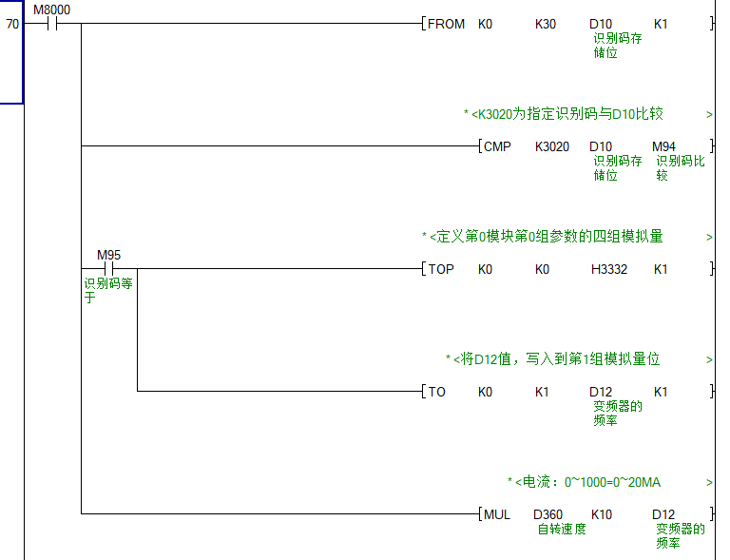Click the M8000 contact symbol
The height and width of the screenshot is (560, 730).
point(51,24)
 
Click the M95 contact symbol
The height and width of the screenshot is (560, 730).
point(108,268)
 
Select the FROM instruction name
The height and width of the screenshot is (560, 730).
point(446,24)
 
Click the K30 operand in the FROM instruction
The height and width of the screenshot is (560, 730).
point(546,24)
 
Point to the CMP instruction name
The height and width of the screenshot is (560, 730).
point(497,146)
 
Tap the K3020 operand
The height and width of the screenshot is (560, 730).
point(552,146)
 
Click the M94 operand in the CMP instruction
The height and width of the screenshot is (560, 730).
point(663,146)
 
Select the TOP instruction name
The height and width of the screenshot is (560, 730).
point(441,269)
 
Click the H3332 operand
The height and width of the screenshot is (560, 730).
point(609,269)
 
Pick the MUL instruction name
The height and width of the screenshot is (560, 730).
point(497,514)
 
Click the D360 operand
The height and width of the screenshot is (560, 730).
point(547,514)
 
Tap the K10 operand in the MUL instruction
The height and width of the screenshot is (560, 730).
point(602,514)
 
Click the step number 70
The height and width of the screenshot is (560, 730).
point(11,24)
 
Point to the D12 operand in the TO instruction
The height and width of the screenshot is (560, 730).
point(601,392)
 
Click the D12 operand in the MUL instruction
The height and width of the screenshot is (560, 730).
point(663,514)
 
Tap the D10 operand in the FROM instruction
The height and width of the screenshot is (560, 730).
point(601,24)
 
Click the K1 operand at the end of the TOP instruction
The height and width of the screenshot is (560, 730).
point(661,269)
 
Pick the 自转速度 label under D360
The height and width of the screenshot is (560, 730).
point(562,530)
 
